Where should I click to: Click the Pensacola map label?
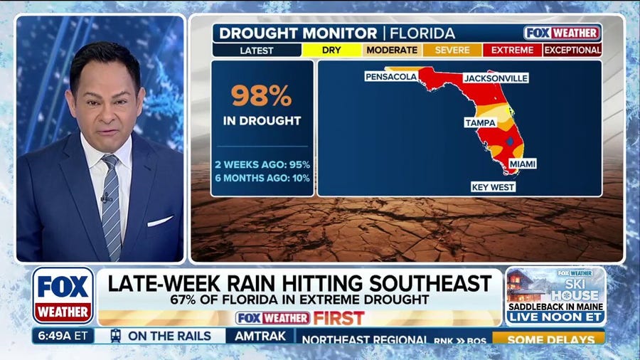tap(391, 76)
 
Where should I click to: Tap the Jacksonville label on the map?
tap(496, 78)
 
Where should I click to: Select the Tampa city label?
tap(480, 122)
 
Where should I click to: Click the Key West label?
tap(493, 187)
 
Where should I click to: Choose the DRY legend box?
tap(332, 51)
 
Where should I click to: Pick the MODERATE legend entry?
tap(392, 51)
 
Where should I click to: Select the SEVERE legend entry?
tap(452, 51)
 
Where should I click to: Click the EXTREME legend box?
tap(512, 51)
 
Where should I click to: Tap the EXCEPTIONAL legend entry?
tap(572, 51)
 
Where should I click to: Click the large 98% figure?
tap(262, 96)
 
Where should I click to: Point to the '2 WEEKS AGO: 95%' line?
tap(262, 164)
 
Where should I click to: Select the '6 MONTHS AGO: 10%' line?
tap(262, 177)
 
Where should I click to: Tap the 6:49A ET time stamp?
tap(63, 336)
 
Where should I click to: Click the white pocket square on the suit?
tap(159, 221)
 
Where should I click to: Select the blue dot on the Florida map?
tap(509, 142)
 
